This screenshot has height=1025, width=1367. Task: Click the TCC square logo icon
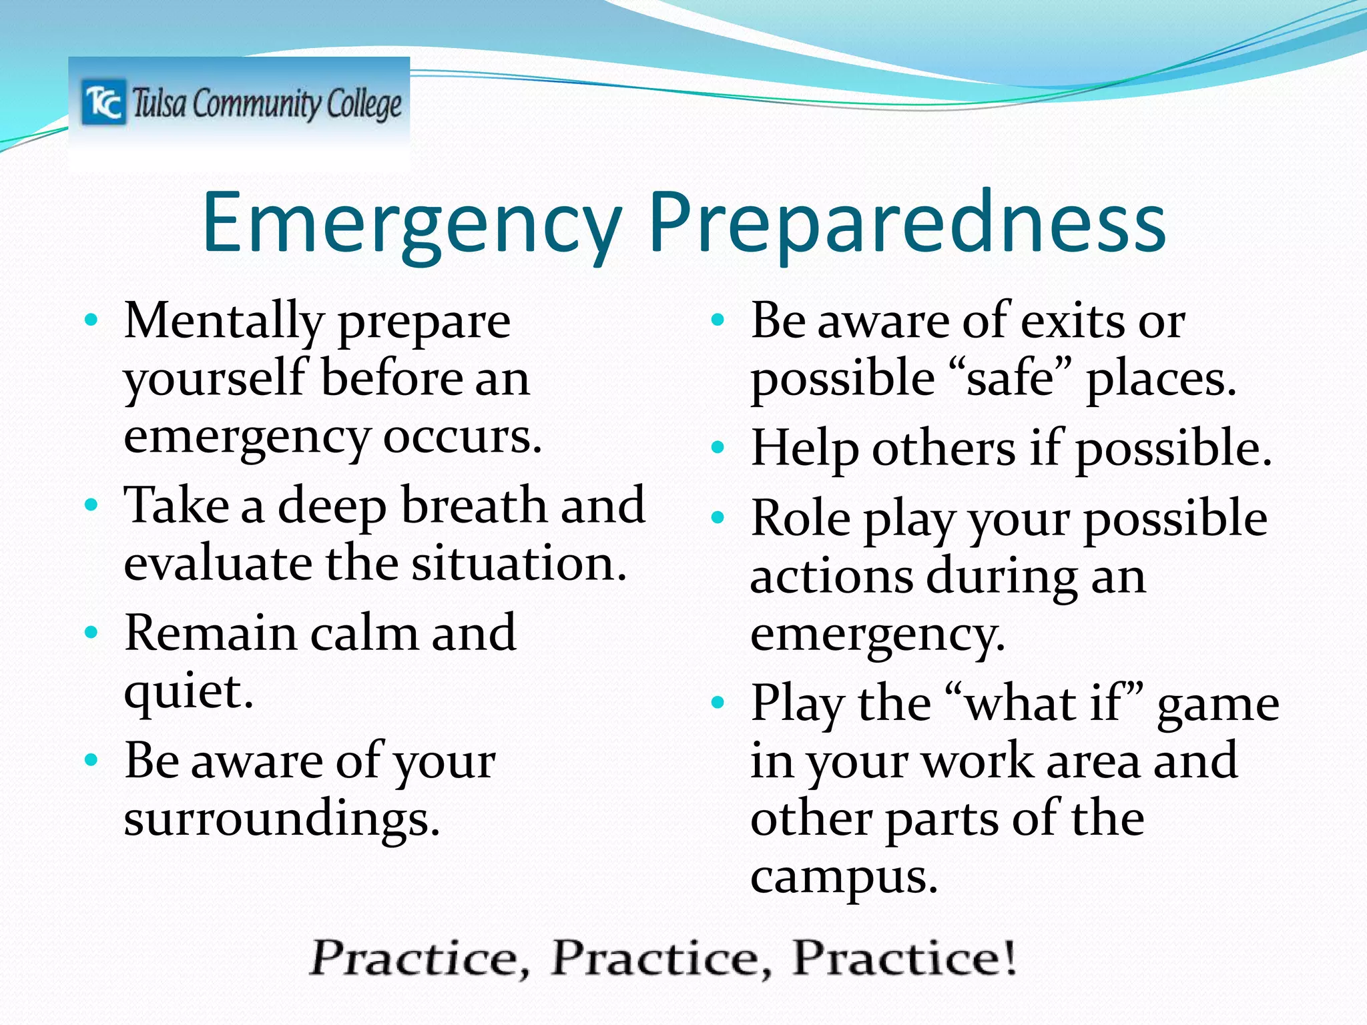pyautogui.click(x=104, y=103)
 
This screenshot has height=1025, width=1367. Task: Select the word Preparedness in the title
pyautogui.click(x=907, y=224)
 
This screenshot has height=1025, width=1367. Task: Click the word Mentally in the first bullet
pyautogui.click(x=224, y=322)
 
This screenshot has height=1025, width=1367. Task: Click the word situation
pyautogui.click(x=519, y=564)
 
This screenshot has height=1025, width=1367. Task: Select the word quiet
pyautogui.click(x=188, y=692)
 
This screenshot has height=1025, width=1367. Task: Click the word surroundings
pyautogui.click(x=282, y=819)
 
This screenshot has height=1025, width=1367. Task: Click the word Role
pyautogui.click(x=801, y=519)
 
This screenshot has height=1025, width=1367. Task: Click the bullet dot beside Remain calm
pyautogui.click(x=92, y=631)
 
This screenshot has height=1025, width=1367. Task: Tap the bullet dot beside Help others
pyautogui.click(x=718, y=447)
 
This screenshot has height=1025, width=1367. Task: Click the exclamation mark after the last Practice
pyautogui.click(x=1010, y=957)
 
